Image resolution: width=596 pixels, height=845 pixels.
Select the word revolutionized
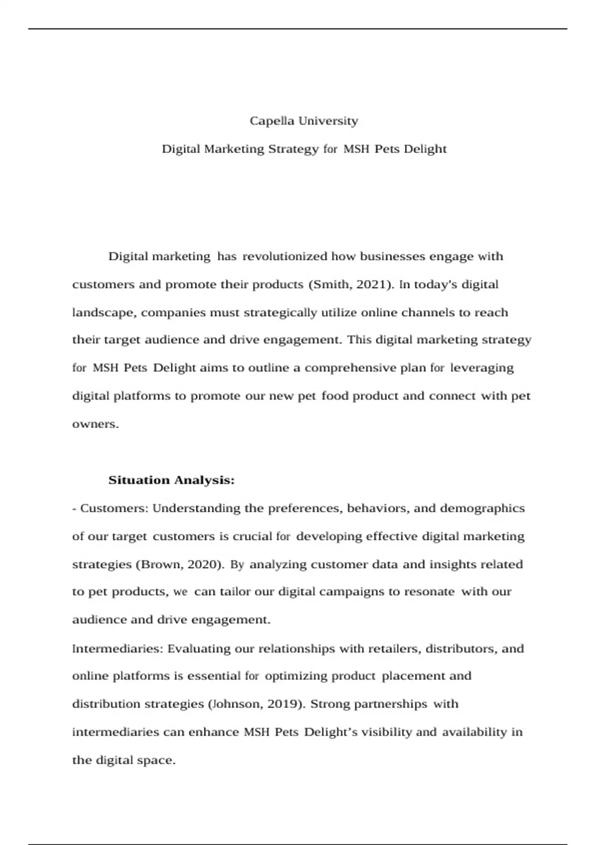point(285,256)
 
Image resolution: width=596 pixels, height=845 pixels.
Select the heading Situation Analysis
point(171,480)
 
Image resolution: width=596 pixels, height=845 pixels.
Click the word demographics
point(482,508)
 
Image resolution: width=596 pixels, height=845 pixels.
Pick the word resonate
point(429,592)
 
